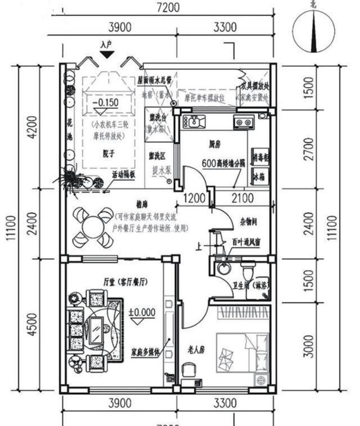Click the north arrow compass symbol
pyautogui.click(x=313, y=28)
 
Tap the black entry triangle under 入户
pyautogui.click(x=107, y=54)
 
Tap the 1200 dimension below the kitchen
pyautogui.click(x=195, y=198)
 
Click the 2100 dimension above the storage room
pyautogui.click(x=243, y=198)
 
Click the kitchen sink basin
pyautogui.click(x=194, y=120)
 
